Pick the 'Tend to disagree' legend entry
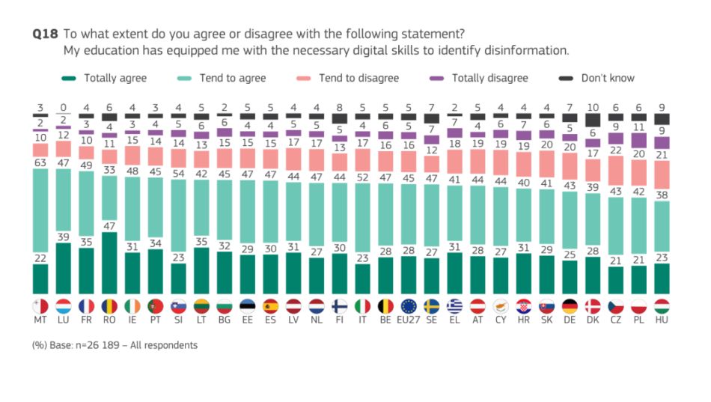(x=358, y=78)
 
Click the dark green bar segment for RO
(x=109, y=263)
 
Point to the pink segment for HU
(x=662, y=174)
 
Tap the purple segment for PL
(x=638, y=139)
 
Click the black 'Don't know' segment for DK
(x=592, y=120)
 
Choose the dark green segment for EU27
(x=408, y=275)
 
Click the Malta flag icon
(x=40, y=305)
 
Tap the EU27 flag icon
(x=408, y=305)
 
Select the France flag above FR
(x=86, y=305)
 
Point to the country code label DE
(x=569, y=320)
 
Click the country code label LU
(x=63, y=320)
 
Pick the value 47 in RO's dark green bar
(x=109, y=225)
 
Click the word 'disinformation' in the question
(x=528, y=51)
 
